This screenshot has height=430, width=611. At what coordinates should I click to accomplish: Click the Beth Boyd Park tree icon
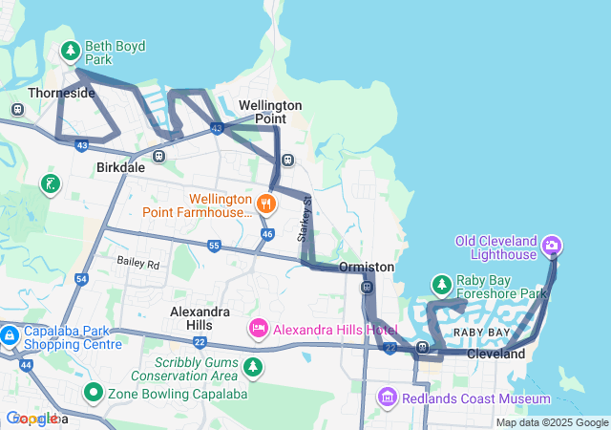(x=70, y=50)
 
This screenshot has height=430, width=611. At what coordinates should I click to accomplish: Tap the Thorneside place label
(x=61, y=93)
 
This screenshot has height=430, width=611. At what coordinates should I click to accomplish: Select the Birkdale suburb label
(x=120, y=166)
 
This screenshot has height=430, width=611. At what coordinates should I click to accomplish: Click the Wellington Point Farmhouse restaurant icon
(x=266, y=203)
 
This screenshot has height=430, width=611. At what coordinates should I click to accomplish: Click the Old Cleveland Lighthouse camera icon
(x=551, y=247)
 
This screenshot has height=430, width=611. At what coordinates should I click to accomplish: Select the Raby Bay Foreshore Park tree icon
(x=441, y=285)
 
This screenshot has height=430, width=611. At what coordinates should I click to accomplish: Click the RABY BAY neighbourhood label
(x=481, y=332)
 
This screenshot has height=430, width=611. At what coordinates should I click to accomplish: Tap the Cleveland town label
(x=495, y=354)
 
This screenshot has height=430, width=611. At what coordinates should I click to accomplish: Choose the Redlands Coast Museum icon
(x=387, y=397)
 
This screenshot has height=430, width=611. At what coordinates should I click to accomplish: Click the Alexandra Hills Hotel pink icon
(x=258, y=330)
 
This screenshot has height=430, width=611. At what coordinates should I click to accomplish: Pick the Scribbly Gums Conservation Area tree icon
(x=253, y=366)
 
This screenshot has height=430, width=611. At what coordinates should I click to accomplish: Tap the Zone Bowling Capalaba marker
(x=94, y=392)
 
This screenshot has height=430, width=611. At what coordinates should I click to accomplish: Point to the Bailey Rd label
(x=138, y=261)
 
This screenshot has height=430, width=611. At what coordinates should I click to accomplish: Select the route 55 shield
(x=214, y=246)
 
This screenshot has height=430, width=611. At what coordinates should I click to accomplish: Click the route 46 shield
(x=267, y=233)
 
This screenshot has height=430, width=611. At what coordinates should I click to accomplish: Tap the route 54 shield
(x=81, y=279)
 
